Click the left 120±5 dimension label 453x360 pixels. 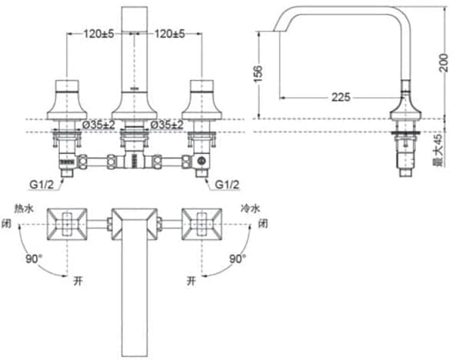tap(99, 34)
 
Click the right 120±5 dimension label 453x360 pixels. tap(171, 34)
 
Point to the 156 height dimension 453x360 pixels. tap(258, 72)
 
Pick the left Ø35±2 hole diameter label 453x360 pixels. tap(99, 124)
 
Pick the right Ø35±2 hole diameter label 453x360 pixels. tap(166, 124)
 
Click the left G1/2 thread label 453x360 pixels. tap(42, 185)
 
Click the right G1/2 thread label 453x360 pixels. tap(228, 185)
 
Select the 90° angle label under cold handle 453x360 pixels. tap(238, 259)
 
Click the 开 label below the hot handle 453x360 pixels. tap(77, 282)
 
